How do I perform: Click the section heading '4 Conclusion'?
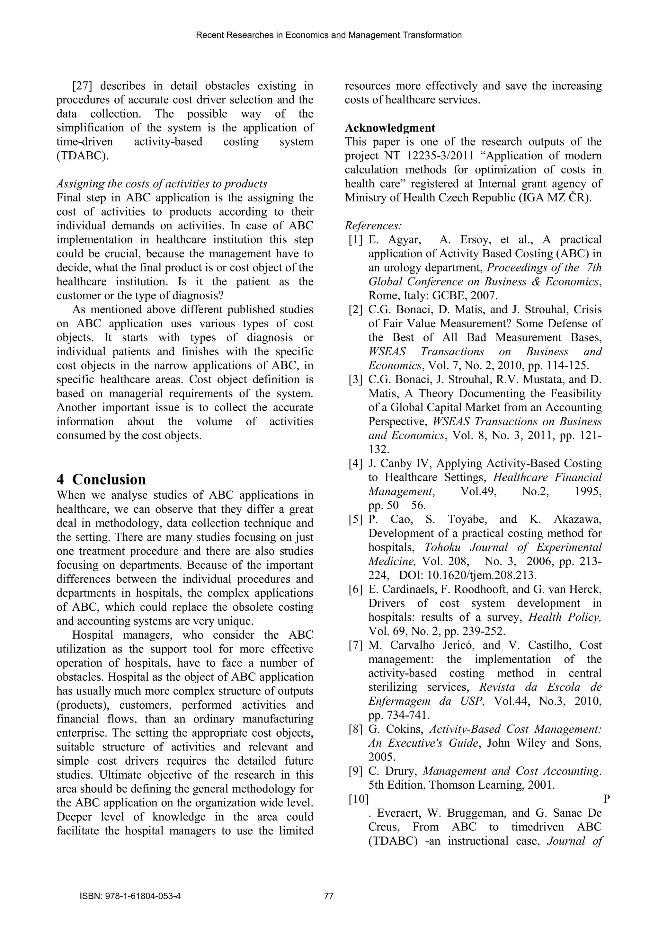coord(101,479)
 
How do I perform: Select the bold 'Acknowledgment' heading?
coord(390,128)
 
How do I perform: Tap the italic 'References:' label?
coord(373,226)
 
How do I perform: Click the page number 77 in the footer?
coord(329,896)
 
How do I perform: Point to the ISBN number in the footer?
coord(130,896)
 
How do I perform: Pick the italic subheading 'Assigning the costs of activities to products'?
coord(161,184)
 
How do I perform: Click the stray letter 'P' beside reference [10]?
coord(607,799)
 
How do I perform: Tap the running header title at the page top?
coord(329,35)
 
